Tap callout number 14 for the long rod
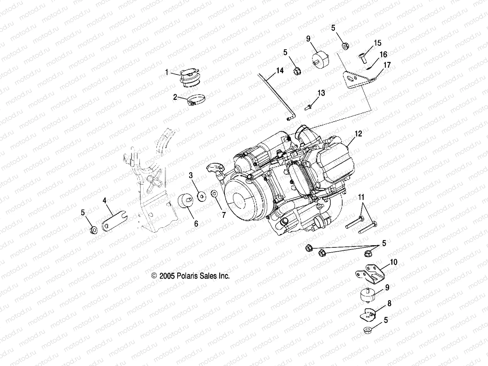click(280, 71)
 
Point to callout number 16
click(383, 55)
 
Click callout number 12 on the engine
click(358, 134)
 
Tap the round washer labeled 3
click(202, 196)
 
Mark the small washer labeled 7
click(214, 193)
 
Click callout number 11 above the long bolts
click(361, 197)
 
